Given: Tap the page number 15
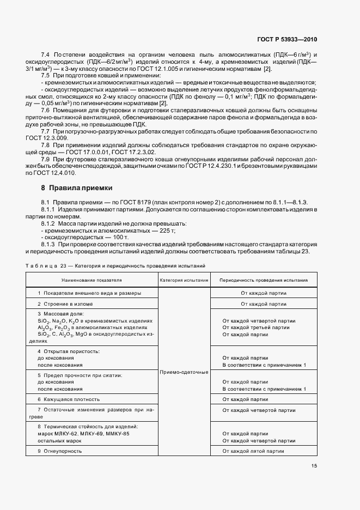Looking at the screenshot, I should pos(314,466).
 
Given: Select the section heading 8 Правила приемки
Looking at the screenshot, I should pos(77,187).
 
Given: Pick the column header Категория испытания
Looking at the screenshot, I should pos(184,280).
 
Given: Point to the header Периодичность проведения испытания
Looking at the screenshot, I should pos(263,280).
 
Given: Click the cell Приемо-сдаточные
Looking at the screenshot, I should pos(184,372).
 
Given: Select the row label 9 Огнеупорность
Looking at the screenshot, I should pos(60,451).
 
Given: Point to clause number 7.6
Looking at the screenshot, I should pos(46,111).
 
